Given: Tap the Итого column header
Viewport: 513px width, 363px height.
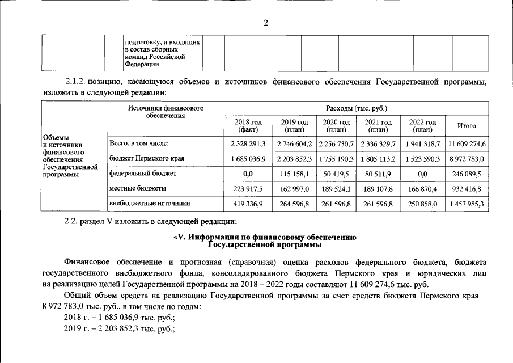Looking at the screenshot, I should click(x=466, y=125).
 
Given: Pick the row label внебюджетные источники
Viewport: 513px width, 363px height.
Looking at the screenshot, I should click(x=149, y=202).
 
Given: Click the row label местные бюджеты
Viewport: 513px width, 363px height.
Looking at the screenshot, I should click(x=137, y=188).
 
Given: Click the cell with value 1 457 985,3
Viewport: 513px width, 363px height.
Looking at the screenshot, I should click(x=466, y=202).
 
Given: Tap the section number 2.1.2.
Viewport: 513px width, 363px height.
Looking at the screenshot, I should click(x=75, y=82).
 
